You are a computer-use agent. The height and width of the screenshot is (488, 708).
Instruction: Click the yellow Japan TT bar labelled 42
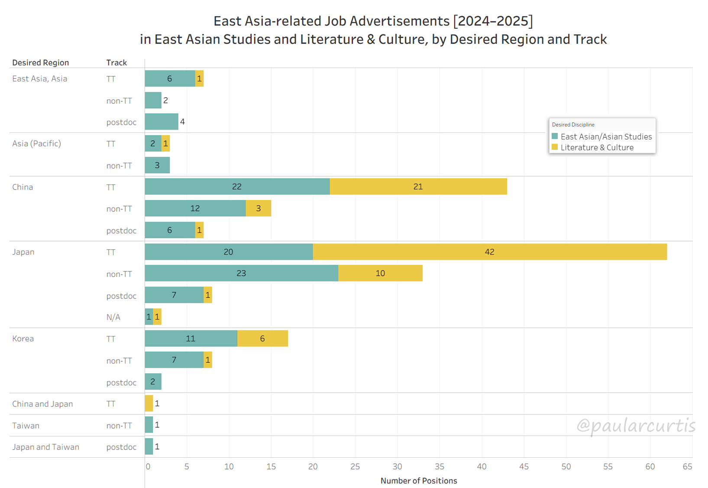click(490, 252)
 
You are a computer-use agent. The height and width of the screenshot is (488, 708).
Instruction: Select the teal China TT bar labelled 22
click(237, 187)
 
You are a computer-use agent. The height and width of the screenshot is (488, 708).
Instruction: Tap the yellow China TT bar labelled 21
click(418, 187)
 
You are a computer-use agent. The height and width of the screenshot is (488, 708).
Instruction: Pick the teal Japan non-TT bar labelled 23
click(241, 273)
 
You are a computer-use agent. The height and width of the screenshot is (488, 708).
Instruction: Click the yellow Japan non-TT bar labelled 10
click(380, 273)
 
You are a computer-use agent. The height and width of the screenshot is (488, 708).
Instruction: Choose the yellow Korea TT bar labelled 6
click(262, 339)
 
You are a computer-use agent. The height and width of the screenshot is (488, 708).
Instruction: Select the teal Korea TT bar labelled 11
click(191, 339)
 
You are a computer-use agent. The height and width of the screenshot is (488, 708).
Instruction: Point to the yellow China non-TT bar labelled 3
click(259, 208)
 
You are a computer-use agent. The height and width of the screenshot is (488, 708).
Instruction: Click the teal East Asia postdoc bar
click(162, 122)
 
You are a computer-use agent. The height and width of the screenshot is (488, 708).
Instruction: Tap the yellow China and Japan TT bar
click(149, 404)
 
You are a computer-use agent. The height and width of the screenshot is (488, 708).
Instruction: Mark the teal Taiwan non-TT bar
click(149, 425)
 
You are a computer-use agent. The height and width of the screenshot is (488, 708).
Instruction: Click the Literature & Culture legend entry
click(597, 148)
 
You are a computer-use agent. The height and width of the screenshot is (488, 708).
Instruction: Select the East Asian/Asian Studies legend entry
click(606, 137)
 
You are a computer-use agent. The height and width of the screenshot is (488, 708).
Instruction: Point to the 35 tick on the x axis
click(440, 467)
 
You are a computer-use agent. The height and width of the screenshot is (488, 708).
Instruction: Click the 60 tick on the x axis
click(650, 467)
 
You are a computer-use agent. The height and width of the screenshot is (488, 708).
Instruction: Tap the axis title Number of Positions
click(419, 481)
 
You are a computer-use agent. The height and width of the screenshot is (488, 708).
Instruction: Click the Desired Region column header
click(40, 63)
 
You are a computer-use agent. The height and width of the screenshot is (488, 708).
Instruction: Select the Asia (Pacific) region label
click(36, 144)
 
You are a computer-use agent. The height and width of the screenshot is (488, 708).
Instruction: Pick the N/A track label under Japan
click(113, 317)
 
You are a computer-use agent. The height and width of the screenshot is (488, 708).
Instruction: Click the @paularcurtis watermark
click(636, 426)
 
